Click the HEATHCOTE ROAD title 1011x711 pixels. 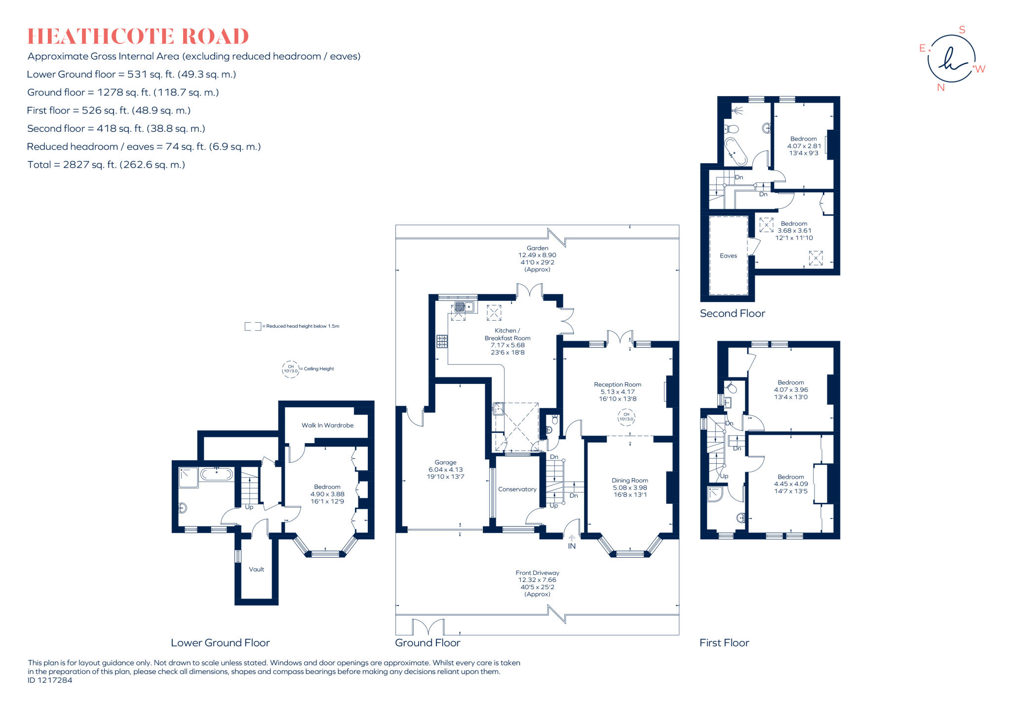[x=138, y=37]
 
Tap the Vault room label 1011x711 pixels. [x=256, y=569]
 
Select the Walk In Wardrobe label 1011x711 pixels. [x=327, y=425]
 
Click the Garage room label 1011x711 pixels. [x=445, y=462]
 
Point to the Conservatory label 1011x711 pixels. [x=517, y=489]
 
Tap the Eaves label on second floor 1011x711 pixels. [x=728, y=256]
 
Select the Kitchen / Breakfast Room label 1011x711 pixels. [x=507, y=334]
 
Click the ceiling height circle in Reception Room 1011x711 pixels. [x=626, y=417]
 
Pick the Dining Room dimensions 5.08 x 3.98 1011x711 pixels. [x=630, y=487]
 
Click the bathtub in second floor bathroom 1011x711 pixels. [x=736, y=151]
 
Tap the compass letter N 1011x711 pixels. [x=940, y=88]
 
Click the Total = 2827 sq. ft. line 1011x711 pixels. [x=106, y=165]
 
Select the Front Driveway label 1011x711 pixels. [x=537, y=573]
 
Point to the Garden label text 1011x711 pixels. [x=537, y=248]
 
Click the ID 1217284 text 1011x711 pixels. [x=50, y=680]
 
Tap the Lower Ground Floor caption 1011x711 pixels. [x=220, y=642]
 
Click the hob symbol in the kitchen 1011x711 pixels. [x=442, y=341]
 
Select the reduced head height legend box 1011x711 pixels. [x=253, y=326]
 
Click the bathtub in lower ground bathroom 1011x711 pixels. [x=216, y=475]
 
